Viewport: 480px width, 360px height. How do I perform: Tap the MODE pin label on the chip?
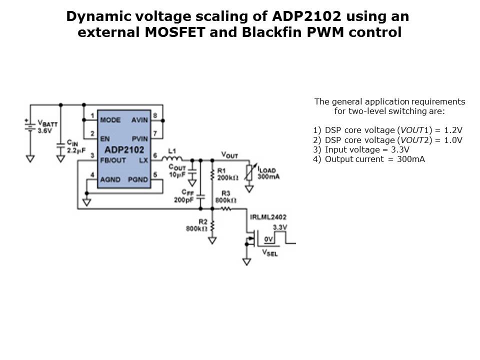110,120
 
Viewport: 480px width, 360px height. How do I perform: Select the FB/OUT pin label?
113,159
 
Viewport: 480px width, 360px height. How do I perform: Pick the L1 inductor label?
172,150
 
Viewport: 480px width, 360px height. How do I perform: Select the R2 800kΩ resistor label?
195,225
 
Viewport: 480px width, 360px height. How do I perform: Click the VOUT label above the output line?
229,155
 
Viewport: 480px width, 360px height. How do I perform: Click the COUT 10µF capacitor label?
178,170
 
